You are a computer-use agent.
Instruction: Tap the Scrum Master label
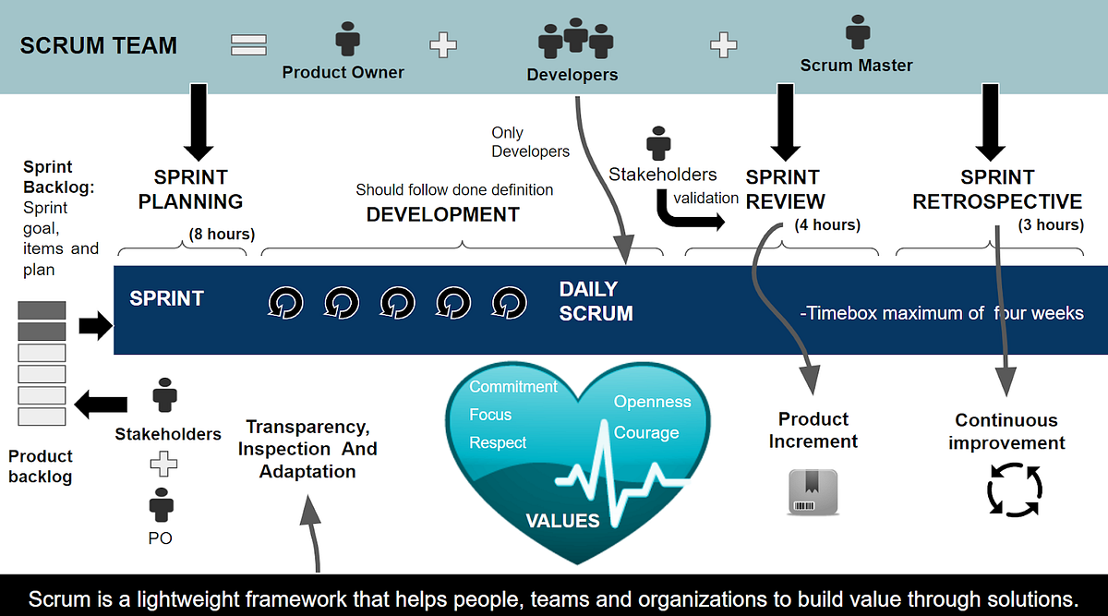pyautogui.click(x=856, y=66)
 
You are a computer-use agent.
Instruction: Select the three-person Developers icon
pyautogui.click(x=575, y=38)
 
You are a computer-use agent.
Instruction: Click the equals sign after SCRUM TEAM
pyautogui.click(x=248, y=44)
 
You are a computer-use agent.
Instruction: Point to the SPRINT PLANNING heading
pyautogui.click(x=190, y=189)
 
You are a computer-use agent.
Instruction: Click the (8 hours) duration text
pyautogui.click(x=221, y=235)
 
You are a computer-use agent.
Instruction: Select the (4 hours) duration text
pyautogui.click(x=827, y=224)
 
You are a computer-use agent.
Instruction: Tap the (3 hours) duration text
pyautogui.click(x=1051, y=224)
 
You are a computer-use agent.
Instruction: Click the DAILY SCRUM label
pyautogui.click(x=596, y=301)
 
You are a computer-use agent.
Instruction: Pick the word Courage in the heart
pyautogui.click(x=646, y=433)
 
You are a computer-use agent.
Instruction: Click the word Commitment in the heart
pyautogui.click(x=513, y=386)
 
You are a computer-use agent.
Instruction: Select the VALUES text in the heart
pyautogui.click(x=562, y=521)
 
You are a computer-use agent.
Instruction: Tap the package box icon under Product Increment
pyautogui.click(x=813, y=491)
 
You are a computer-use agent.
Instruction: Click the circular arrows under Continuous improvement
pyautogui.click(x=1014, y=489)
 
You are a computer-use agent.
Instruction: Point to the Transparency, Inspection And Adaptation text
pyautogui.click(x=307, y=449)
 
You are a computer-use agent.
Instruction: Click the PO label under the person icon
pyautogui.click(x=160, y=537)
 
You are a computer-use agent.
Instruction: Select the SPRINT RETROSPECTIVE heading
pyautogui.click(x=997, y=189)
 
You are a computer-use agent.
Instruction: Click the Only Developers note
pyautogui.click(x=530, y=142)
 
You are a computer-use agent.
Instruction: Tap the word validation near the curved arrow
pyautogui.click(x=705, y=198)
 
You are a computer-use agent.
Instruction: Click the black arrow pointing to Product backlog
pyautogui.click(x=101, y=403)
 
